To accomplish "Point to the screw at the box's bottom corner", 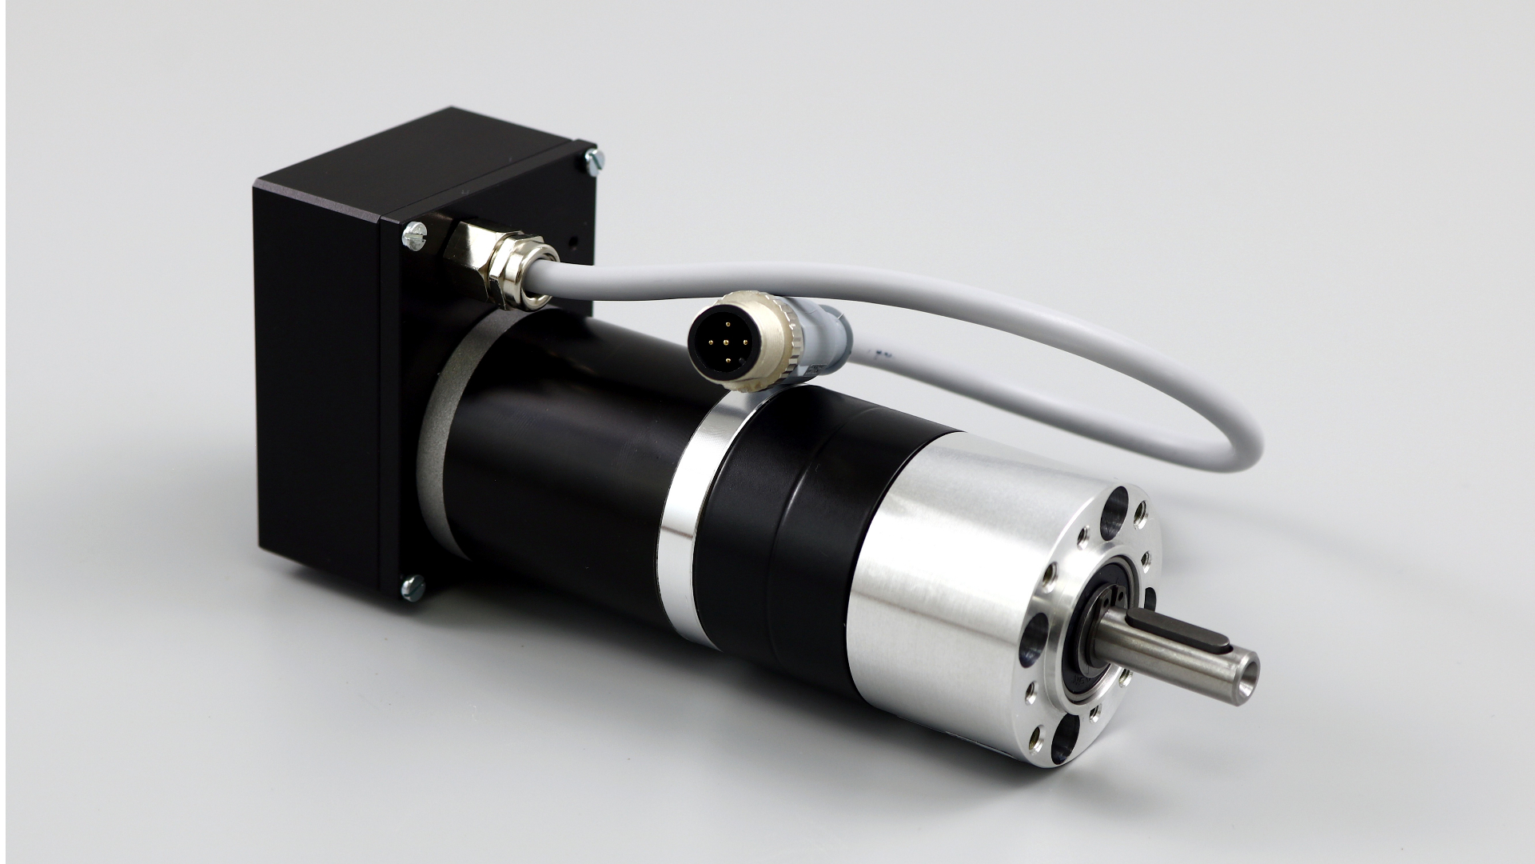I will [x=413, y=588].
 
